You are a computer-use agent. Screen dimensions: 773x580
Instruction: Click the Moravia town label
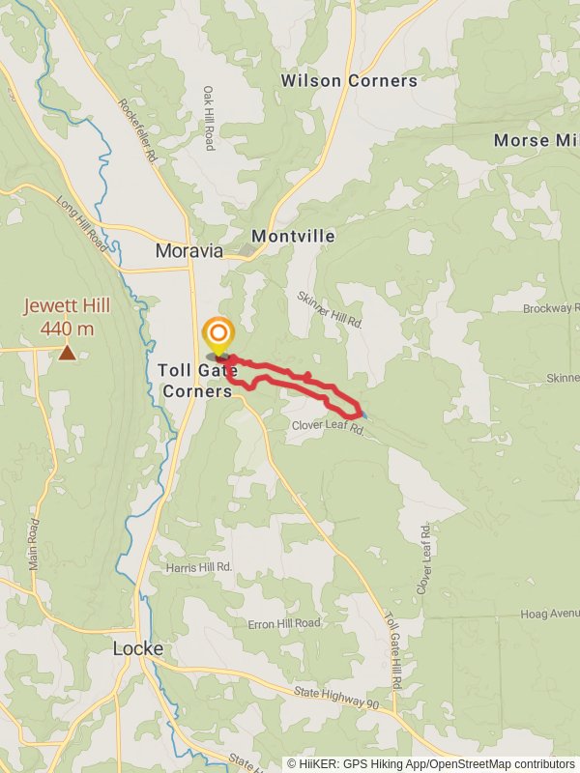(189, 251)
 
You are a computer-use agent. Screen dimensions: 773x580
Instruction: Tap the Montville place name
(293, 237)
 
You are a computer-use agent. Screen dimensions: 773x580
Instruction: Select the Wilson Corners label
(349, 81)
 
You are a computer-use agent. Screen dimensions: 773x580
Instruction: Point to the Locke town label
(137, 649)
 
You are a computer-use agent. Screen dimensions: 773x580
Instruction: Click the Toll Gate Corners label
(195, 380)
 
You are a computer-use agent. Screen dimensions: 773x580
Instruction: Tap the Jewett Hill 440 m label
(67, 318)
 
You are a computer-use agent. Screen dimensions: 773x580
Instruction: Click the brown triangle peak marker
(67, 353)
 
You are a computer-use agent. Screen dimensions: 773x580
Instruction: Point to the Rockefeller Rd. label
(138, 120)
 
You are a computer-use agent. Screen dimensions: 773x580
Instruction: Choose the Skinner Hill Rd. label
(330, 310)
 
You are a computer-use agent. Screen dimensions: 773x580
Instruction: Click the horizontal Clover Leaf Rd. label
(327, 426)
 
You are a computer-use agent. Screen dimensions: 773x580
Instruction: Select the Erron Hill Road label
(283, 623)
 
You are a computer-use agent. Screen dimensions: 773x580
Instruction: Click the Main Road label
(34, 544)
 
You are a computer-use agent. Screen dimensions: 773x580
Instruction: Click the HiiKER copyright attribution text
(430, 764)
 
